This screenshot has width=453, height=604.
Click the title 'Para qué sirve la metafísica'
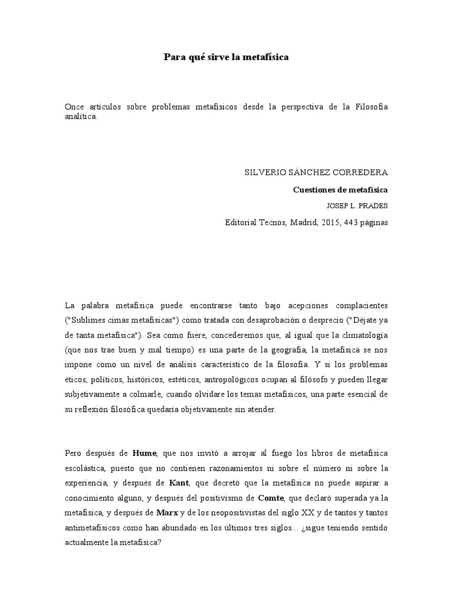click(226, 58)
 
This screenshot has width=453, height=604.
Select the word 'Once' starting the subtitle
click(74, 106)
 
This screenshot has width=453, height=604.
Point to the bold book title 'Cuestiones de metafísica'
click(341, 190)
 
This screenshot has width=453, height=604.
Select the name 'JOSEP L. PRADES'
click(357, 206)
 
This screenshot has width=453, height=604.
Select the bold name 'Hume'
click(145, 452)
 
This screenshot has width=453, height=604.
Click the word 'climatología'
click(364, 335)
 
